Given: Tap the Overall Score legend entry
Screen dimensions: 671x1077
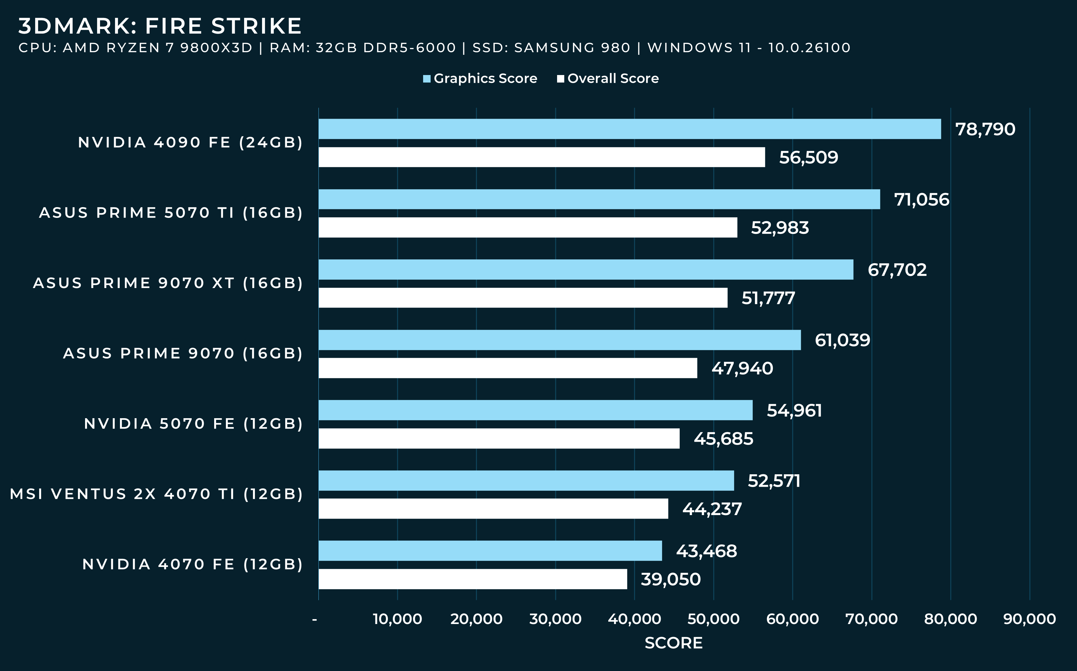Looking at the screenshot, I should [608, 79].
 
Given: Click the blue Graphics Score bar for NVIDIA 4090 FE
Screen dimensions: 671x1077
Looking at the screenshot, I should [630, 129].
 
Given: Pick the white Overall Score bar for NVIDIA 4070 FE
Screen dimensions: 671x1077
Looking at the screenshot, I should [473, 579].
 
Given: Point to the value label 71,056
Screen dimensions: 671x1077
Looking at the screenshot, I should [922, 200].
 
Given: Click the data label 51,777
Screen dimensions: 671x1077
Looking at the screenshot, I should [768, 298].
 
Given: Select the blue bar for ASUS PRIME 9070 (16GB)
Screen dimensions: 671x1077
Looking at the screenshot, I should [560, 340].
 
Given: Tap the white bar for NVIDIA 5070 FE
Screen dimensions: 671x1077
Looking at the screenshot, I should [499, 438].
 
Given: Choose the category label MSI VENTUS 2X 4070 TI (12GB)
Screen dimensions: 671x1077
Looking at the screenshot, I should [156, 494].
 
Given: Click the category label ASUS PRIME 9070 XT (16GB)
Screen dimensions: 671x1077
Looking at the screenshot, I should [168, 283].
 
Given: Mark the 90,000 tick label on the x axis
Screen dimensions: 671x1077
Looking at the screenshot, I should [1029, 618].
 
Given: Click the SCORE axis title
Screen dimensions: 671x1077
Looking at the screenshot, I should [673, 643].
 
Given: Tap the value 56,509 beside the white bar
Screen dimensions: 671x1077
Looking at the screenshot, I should [808, 158].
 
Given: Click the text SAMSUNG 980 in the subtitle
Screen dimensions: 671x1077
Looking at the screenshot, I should [572, 48].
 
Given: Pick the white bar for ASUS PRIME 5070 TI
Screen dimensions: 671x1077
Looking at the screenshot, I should [528, 227].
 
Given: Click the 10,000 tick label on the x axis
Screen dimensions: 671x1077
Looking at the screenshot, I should [397, 618].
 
